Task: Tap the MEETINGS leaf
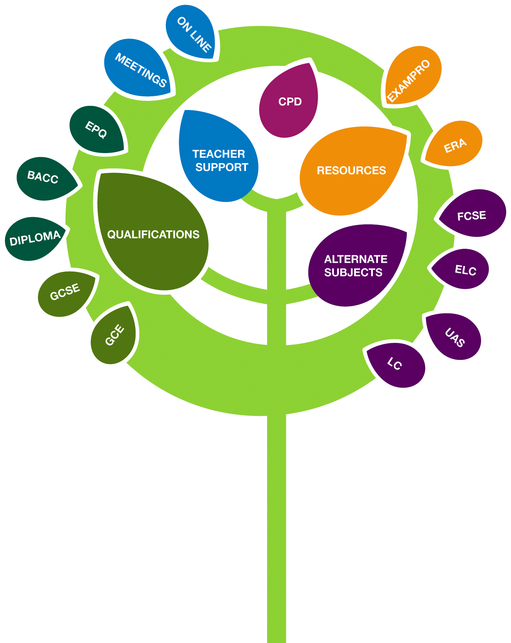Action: tap(139, 69)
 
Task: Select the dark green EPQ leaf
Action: tap(97, 130)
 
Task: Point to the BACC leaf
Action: tap(45, 178)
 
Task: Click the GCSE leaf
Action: tap(65, 293)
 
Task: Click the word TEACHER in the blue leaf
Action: tap(219, 154)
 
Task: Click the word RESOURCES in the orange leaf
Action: tap(351, 170)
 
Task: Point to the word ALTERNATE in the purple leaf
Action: tap(356, 259)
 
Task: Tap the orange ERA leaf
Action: tap(454, 144)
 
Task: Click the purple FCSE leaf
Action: tap(472, 214)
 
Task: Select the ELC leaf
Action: tap(461, 269)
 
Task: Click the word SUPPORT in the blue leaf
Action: tap(221, 167)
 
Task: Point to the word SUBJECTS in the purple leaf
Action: tap(353, 272)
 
